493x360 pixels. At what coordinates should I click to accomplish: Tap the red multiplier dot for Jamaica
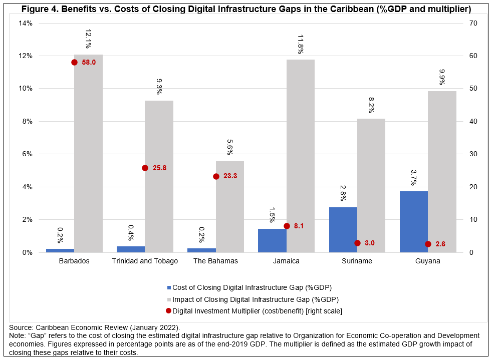(287, 226)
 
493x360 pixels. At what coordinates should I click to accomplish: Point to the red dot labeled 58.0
(74, 62)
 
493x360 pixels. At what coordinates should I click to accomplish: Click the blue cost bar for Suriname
(343, 230)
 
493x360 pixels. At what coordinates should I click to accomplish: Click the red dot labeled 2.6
(428, 244)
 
